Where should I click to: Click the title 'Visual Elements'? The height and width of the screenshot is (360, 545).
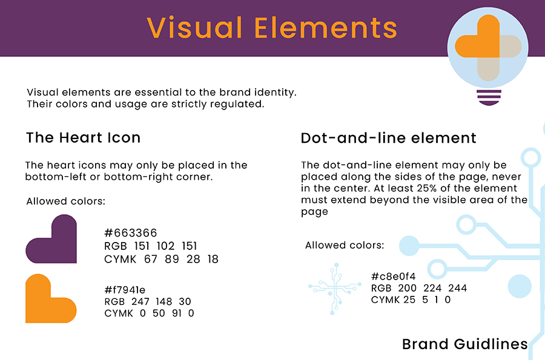[272, 28]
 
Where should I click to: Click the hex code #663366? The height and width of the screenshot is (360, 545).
[131, 233]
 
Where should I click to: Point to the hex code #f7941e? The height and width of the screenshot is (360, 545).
[125, 290]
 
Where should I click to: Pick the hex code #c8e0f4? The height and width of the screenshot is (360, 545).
[393, 277]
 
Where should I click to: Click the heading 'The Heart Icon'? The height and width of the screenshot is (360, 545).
[83, 137]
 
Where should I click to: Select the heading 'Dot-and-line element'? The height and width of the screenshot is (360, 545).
[388, 138]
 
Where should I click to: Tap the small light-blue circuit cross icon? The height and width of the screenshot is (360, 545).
[335, 287]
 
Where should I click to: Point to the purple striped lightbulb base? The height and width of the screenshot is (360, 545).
[489, 97]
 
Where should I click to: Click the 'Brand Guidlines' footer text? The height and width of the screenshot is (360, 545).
[464, 344]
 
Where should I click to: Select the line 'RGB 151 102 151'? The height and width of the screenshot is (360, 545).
[151, 246]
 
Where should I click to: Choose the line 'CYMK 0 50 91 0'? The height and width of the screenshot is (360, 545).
[149, 313]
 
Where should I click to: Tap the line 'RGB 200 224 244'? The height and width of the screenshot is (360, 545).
[419, 288]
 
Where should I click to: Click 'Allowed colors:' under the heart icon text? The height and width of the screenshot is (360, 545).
[65, 201]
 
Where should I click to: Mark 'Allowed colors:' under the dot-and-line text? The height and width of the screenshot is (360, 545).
[345, 246]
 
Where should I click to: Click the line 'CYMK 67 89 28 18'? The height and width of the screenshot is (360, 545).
[161, 259]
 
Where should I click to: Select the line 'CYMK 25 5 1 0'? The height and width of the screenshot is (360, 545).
[411, 299]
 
